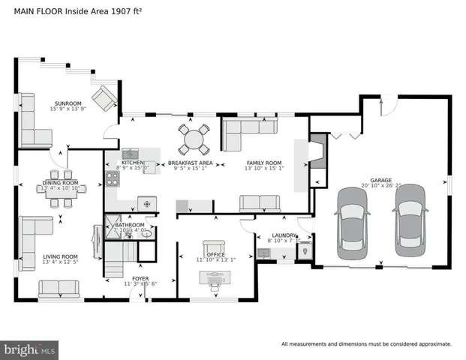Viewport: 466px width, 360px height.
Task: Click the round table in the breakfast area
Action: (x=194, y=138)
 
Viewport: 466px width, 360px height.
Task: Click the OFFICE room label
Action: (x=215, y=253)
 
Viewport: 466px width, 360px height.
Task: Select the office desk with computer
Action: (x=216, y=279)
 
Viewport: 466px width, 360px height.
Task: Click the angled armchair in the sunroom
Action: (x=104, y=97)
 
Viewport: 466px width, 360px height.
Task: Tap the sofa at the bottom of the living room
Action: (x=59, y=287)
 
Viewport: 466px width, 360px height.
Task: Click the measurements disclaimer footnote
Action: (x=366, y=344)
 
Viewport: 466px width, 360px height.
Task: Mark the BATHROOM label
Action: (x=129, y=224)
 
